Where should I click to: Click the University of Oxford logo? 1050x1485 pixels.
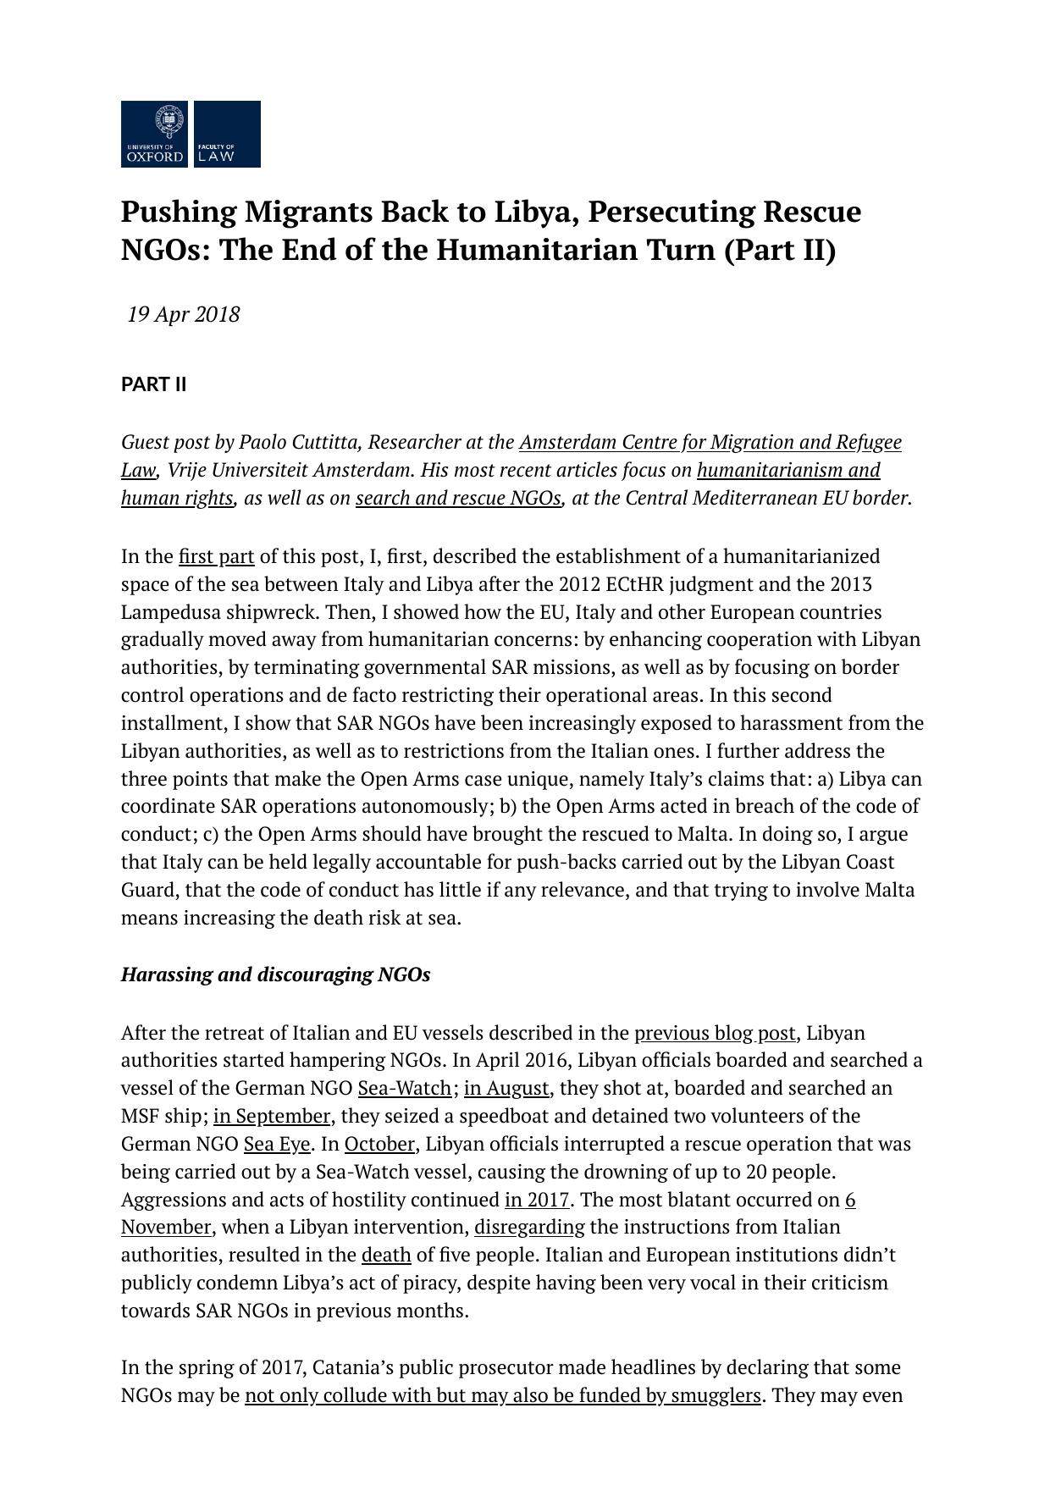(x=154, y=134)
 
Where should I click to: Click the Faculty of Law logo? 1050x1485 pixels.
(x=227, y=134)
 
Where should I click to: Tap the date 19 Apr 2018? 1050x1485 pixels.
(x=184, y=315)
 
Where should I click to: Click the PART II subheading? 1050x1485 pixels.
(x=153, y=385)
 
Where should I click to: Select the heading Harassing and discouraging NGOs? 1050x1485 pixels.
(x=275, y=974)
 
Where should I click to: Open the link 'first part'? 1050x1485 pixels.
(x=216, y=557)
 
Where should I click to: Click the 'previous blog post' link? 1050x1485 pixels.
(x=715, y=1034)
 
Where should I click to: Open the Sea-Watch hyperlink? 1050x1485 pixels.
(x=404, y=1089)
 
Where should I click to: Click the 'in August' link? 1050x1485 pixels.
(x=506, y=1089)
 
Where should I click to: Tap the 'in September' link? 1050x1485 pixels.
(x=271, y=1117)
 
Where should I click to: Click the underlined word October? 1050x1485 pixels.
(x=379, y=1145)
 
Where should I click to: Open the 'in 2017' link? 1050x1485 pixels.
(x=537, y=1201)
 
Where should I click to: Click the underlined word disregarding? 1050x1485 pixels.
(x=529, y=1228)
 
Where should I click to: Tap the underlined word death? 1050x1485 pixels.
(x=386, y=1256)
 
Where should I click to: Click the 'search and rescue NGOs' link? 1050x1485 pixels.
(x=458, y=499)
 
